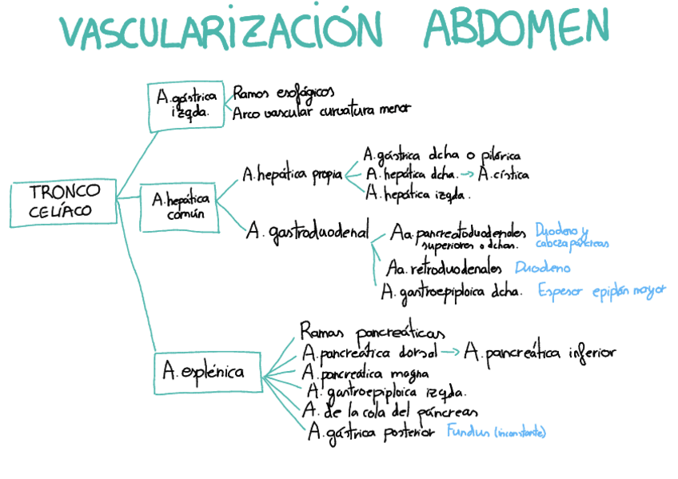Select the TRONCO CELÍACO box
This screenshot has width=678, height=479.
[x=66, y=202]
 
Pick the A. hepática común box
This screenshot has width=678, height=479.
[x=181, y=208]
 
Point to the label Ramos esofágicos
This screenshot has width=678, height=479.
[x=281, y=93]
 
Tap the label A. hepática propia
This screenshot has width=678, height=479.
[x=293, y=174]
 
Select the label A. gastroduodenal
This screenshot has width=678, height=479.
[x=308, y=232]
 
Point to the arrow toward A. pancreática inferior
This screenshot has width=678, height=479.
[x=450, y=352]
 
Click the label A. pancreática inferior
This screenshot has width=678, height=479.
[x=540, y=352]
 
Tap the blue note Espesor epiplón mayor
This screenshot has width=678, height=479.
[x=601, y=291]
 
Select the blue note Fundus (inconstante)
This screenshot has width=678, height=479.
[x=496, y=433]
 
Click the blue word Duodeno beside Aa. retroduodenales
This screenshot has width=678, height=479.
[x=543, y=268]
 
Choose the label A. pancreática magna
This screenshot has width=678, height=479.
[x=364, y=373]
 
